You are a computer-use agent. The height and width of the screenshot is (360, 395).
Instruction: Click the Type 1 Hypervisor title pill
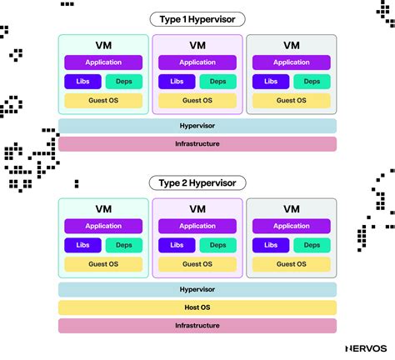coord(197,19)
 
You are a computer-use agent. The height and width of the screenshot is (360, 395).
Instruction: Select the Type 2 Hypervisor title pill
coord(197,182)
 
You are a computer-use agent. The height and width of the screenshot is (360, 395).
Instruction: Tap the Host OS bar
coord(197,307)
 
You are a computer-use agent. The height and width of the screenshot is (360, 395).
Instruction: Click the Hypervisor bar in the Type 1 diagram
coord(197,125)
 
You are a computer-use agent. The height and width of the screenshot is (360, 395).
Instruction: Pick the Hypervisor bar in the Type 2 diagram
coord(197,289)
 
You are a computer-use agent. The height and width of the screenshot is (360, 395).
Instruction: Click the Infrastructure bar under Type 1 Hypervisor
coord(197,143)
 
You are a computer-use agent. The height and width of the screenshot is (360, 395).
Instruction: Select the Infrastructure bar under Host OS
coord(197,326)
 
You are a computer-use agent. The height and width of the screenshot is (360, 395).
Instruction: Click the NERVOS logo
coord(364,347)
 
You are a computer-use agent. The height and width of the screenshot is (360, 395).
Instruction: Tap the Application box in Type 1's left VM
coord(103,62)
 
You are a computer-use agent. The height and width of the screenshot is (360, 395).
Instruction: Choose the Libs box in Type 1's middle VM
coord(177,81)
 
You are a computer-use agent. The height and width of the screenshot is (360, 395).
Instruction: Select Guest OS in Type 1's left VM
coord(103,100)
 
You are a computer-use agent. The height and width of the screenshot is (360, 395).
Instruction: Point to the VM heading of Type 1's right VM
coord(292,46)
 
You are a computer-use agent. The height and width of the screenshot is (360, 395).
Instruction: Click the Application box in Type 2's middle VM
coord(197,226)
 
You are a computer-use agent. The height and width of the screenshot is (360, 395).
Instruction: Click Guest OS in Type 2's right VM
coord(292,264)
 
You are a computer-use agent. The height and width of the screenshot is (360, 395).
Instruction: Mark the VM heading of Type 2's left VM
coord(103,209)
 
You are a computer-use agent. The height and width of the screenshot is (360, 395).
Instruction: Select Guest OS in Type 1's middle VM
coord(197,100)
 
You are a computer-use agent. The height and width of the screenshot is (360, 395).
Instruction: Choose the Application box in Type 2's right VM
coord(292,226)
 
